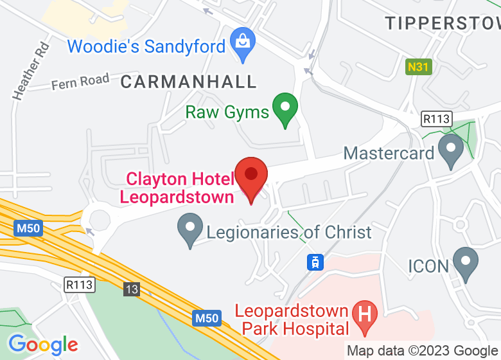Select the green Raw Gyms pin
tap(285, 109)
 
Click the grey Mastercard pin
tap(450, 150)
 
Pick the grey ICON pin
tap(465, 264)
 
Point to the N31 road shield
tap(418, 66)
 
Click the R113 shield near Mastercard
tap(437, 119)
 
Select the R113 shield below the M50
tap(80, 283)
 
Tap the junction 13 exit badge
tap(132, 289)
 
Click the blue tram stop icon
tap(315, 262)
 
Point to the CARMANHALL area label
tap(188, 82)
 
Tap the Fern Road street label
tap(80, 81)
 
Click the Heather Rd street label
tap(31, 71)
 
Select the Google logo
tap(43, 345)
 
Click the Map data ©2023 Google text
tap(422, 351)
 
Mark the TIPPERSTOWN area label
tap(443, 24)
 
